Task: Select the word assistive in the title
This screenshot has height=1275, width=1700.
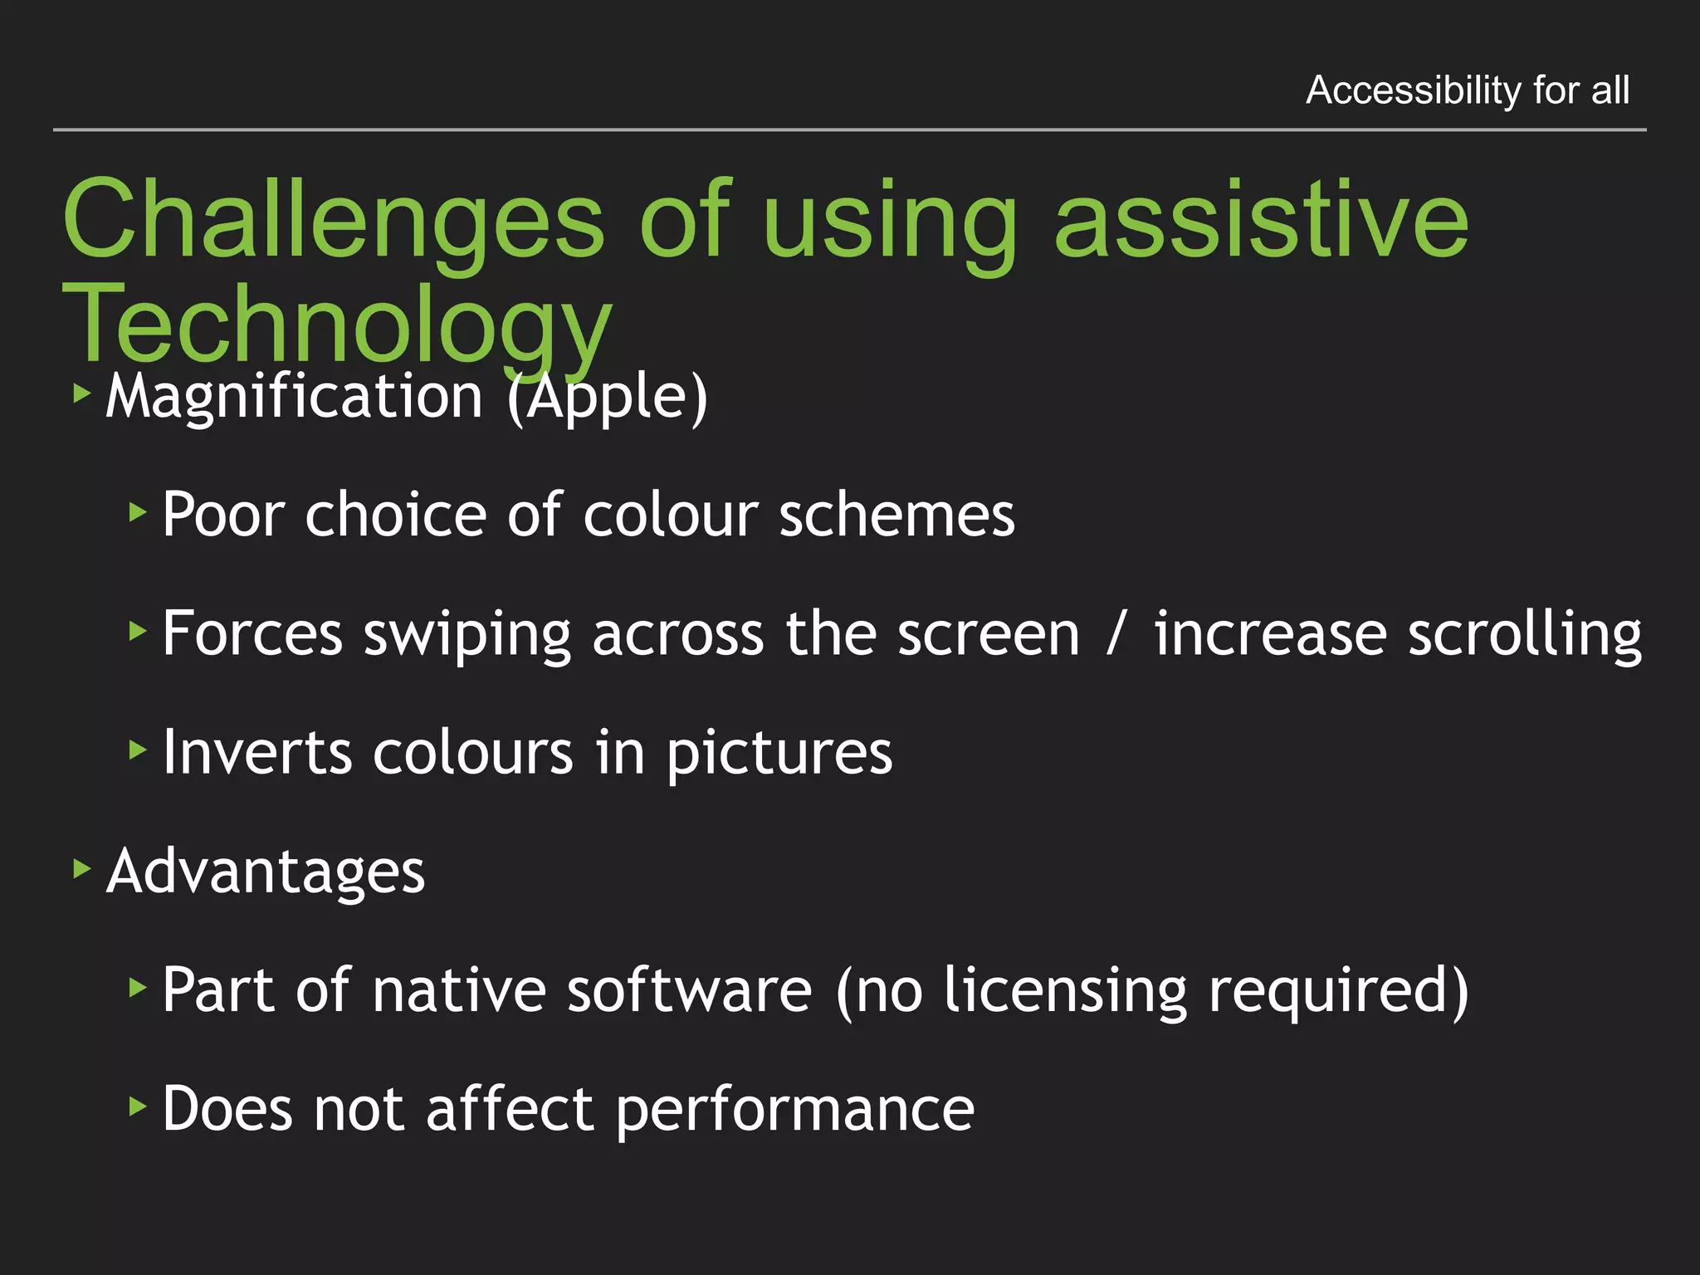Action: [x=1261, y=221]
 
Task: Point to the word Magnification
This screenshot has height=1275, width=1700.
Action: [x=294, y=397]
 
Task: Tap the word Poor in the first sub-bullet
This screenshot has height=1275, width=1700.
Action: [x=223, y=515]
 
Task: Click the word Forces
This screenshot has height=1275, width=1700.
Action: [x=252, y=633]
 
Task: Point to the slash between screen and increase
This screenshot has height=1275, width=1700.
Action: [x=1117, y=633]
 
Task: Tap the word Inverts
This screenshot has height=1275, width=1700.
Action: [x=257, y=752]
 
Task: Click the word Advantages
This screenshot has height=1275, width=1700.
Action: [x=266, y=872]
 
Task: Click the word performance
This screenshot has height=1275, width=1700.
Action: [x=794, y=1110]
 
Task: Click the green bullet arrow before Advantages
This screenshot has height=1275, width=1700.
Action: [x=81, y=868]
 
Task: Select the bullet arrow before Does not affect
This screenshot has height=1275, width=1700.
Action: [x=138, y=1106]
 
